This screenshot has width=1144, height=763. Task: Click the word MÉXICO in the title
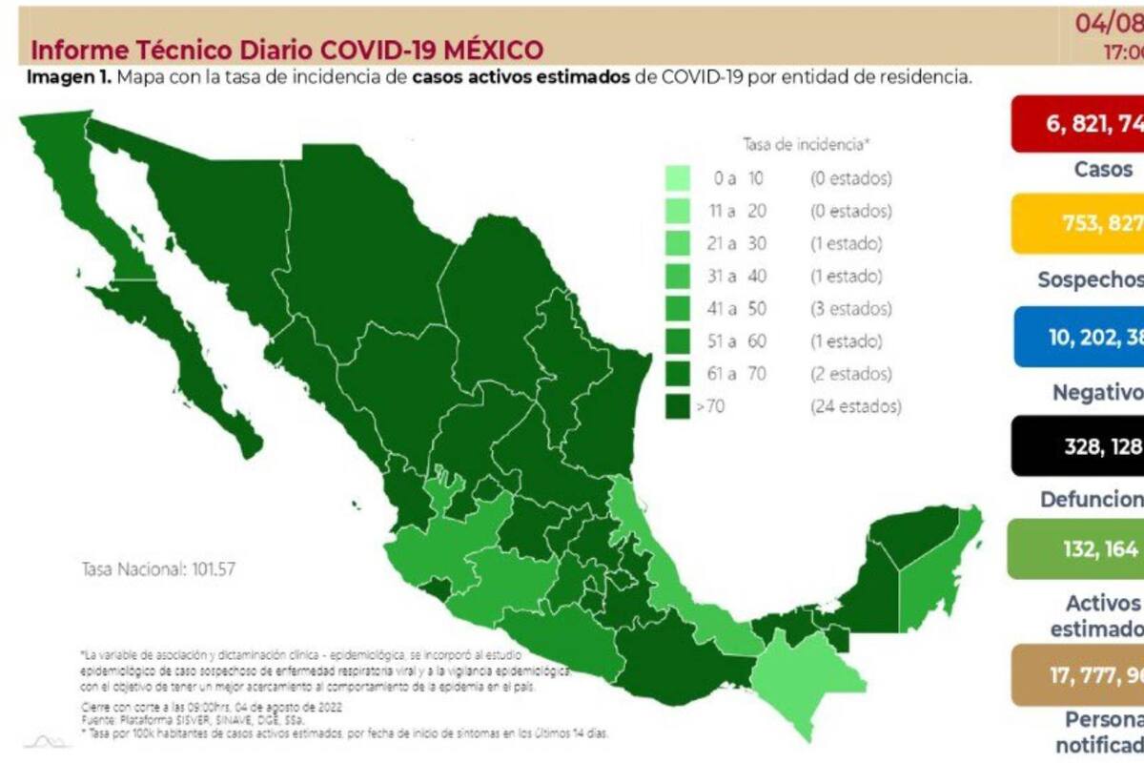click(x=486, y=51)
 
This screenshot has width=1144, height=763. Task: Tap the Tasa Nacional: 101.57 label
click(x=157, y=569)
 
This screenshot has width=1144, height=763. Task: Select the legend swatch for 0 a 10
click(x=678, y=178)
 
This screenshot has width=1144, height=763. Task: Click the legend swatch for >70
click(x=678, y=406)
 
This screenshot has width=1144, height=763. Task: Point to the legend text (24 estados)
click(x=855, y=406)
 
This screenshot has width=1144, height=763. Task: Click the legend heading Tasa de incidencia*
click(x=807, y=144)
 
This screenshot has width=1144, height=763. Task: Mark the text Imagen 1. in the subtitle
click(x=68, y=77)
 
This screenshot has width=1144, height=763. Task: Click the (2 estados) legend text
click(x=851, y=374)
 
